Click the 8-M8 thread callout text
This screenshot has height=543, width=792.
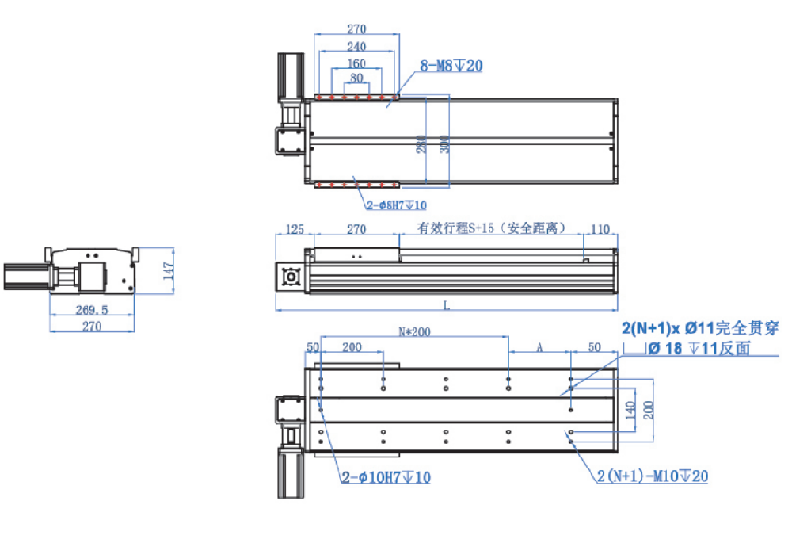(x=449, y=66)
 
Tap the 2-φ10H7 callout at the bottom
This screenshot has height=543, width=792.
(x=386, y=477)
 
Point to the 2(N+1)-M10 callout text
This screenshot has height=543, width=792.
(x=652, y=476)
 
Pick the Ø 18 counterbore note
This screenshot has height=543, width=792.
(x=699, y=348)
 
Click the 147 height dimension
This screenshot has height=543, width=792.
(x=166, y=270)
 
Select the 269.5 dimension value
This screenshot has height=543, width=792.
(x=91, y=309)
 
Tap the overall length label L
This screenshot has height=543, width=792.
(x=446, y=304)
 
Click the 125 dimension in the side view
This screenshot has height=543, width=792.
(x=295, y=229)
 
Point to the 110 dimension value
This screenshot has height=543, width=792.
(x=600, y=229)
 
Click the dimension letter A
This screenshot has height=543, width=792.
(x=539, y=346)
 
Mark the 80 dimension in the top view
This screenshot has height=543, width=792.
(x=356, y=78)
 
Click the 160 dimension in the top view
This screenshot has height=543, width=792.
(x=356, y=63)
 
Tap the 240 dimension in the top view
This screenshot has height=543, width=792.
(x=356, y=47)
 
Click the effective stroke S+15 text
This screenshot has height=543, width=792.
(x=491, y=228)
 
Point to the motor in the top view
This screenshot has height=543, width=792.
(x=289, y=79)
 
